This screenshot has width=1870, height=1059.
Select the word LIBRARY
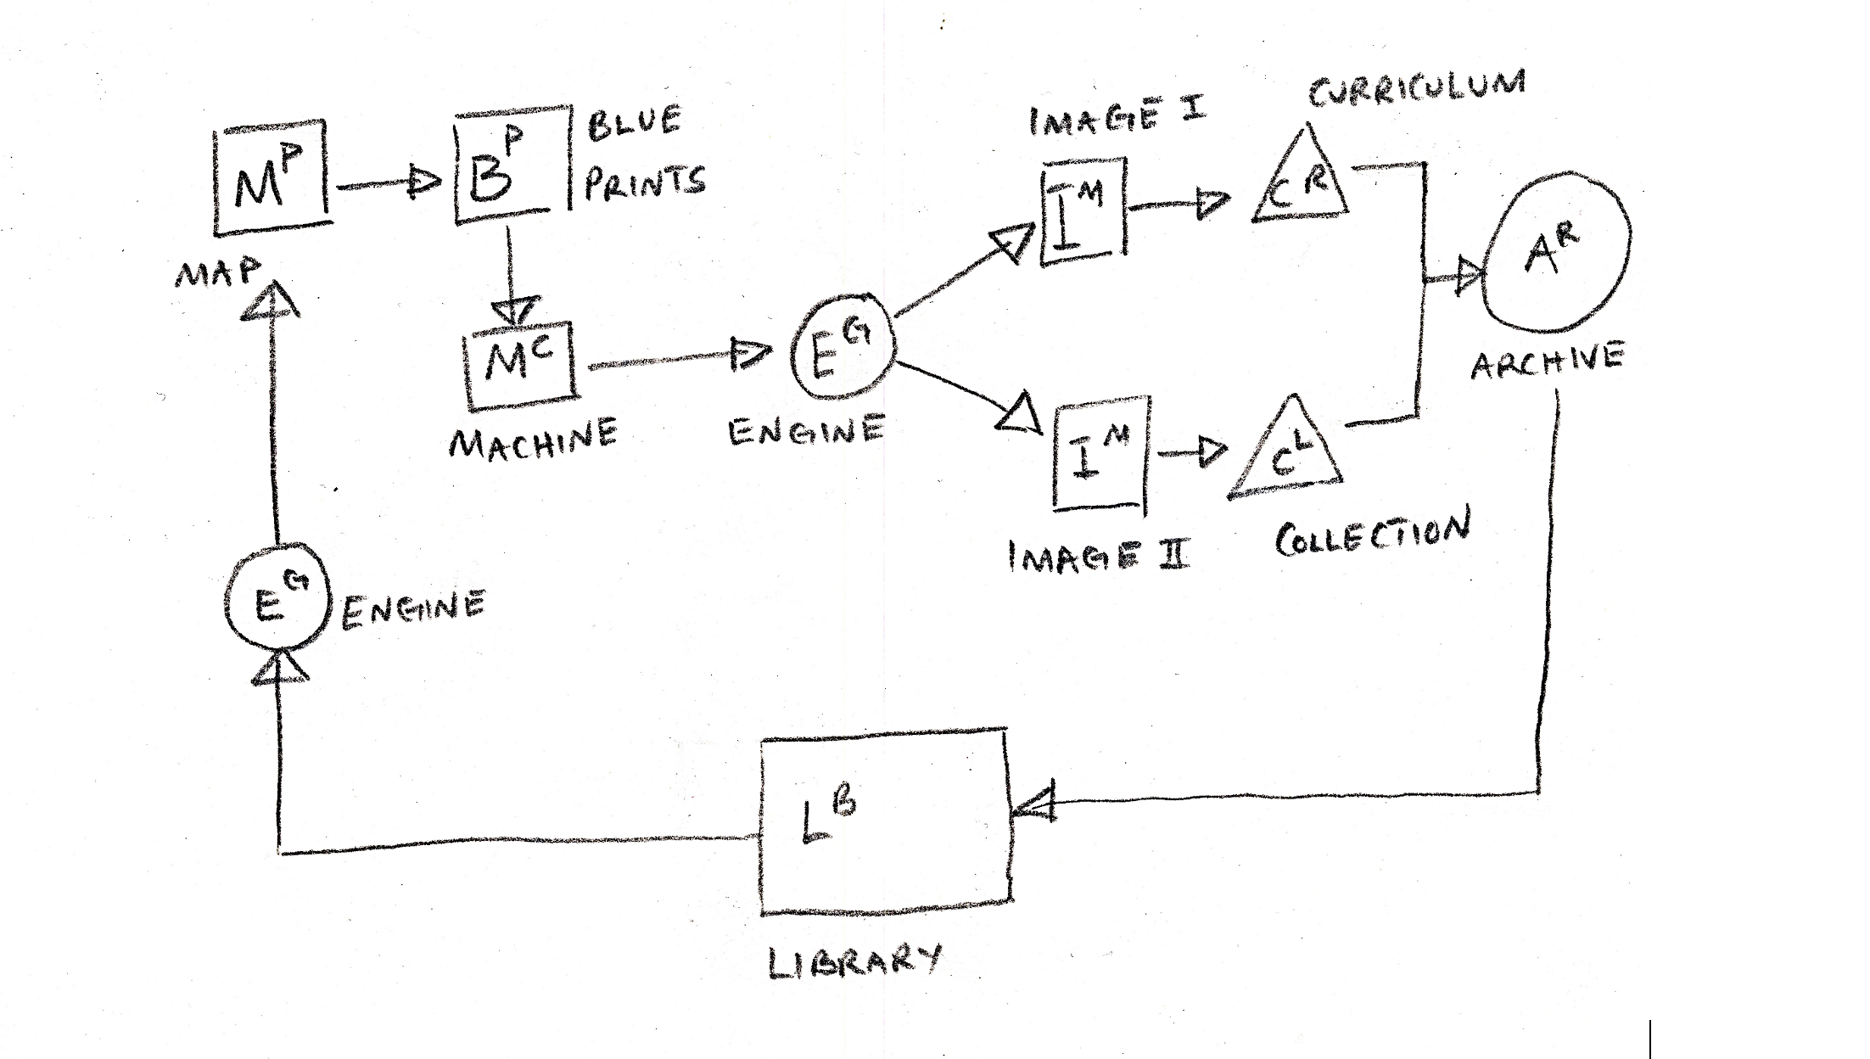click(x=854, y=962)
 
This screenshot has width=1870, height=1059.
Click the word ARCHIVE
click(x=1548, y=360)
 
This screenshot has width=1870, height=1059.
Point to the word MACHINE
click(x=533, y=437)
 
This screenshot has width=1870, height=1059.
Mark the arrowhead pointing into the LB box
click(x=1033, y=803)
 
